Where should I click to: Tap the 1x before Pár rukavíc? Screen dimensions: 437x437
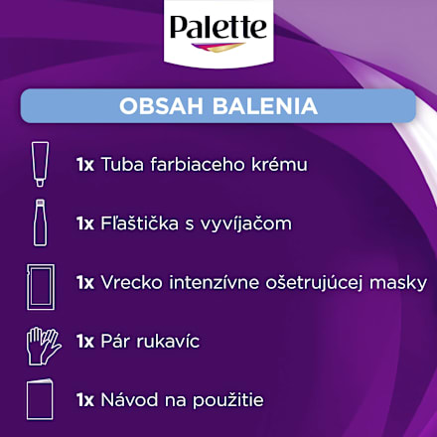coord(84,342)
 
